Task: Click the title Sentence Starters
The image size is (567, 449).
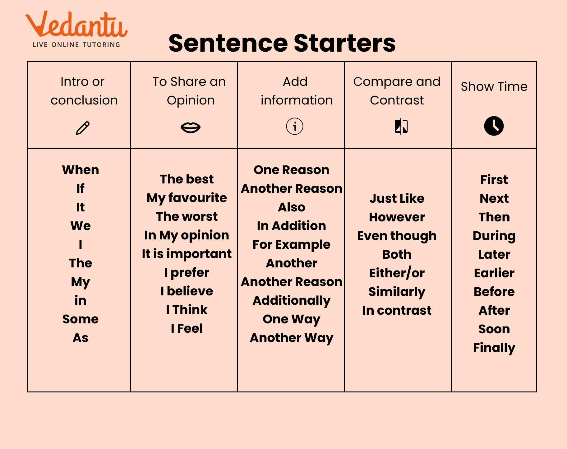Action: click(x=282, y=43)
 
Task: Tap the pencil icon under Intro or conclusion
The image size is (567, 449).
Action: click(x=83, y=128)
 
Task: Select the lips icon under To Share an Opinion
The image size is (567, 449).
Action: click(x=190, y=127)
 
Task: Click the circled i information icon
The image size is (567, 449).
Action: click(x=294, y=126)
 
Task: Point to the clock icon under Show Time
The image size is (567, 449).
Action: click(x=494, y=126)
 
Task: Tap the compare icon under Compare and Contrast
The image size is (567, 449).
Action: click(x=401, y=126)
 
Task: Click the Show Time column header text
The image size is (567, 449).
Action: click(x=494, y=86)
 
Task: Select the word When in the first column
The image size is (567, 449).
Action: click(x=81, y=170)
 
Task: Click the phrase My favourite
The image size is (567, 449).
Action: click(x=187, y=198)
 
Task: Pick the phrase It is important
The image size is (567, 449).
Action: click(x=187, y=254)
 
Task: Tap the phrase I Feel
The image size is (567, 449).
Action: click(x=187, y=328)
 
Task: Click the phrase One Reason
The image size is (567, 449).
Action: click(x=291, y=170)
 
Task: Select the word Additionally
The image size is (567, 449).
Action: click(x=291, y=301)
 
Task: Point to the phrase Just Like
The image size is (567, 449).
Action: click(x=397, y=198)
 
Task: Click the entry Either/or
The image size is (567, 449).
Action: click(x=397, y=273)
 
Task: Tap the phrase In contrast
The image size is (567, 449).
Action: click(x=397, y=310)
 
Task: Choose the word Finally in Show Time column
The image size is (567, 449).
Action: click(x=494, y=348)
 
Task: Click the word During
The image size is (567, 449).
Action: click(x=494, y=236)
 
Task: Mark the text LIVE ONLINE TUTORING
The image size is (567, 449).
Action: click(x=76, y=45)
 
